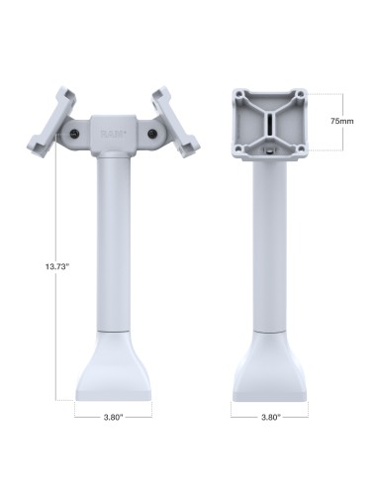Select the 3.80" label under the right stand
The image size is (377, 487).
click(270, 417)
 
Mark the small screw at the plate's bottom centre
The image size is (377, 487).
click(269, 151)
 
